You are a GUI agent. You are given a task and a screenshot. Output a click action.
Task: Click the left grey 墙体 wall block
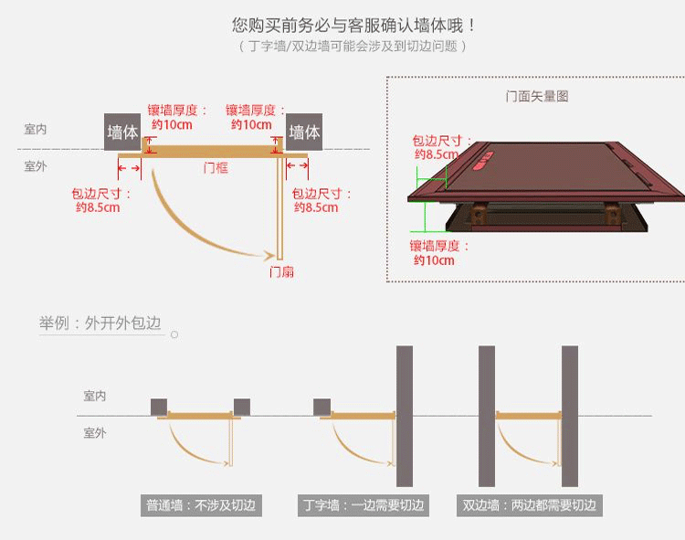point(122,132)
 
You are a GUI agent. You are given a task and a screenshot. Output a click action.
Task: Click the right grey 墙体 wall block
point(304,132)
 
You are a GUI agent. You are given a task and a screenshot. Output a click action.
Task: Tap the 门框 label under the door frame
point(216,168)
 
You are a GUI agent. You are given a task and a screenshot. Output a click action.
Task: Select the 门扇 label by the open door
point(281,271)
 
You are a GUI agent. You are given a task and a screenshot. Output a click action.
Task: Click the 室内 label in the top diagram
point(36,130)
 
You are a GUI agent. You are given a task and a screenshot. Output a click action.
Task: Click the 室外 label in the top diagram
point(36,166)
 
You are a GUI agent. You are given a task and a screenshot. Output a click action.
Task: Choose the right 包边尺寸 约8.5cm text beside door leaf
point(321,200)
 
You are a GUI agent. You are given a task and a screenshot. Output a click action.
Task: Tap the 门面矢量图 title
point(536,96)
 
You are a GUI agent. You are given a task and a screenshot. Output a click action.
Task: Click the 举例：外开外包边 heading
point(100,323)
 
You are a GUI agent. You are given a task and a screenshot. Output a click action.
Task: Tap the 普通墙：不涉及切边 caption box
point(201,505)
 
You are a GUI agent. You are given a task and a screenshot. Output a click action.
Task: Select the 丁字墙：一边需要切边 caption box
point(364,505)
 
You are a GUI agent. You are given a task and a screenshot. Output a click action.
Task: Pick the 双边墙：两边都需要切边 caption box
point(530,505)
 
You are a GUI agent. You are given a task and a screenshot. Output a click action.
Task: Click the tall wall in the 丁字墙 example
point(404,416)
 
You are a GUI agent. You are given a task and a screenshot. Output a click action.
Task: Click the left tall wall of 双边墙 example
point(487,416)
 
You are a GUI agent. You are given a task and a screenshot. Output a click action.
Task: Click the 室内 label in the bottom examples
point(95,396)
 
